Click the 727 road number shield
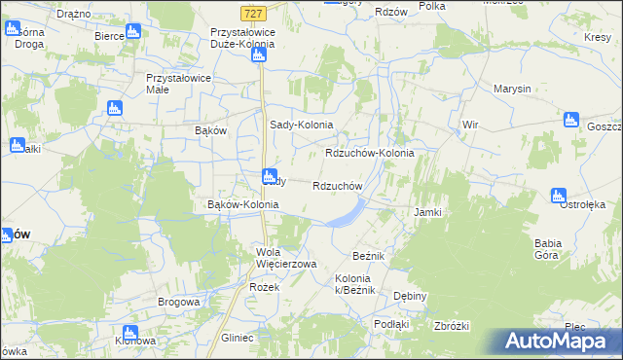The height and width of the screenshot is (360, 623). tap(253, 13)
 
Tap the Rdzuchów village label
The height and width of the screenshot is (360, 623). tap(337, 186)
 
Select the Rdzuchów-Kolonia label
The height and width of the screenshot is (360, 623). tap(369, 154)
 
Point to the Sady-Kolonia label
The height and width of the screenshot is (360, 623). tap(301, 125)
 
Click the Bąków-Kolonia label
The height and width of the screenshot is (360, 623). tap(243, 205)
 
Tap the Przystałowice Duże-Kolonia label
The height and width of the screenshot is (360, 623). tap(242, 38)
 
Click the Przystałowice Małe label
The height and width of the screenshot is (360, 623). tap(171, 83)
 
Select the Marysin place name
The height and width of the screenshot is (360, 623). tap(512, 89)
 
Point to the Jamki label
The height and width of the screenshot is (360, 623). tap(428, 212)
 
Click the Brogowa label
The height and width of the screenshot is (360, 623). tap(179, 303)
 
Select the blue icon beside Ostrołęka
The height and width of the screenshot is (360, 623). tap(558, 197)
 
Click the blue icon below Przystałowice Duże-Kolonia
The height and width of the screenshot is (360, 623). tap(258, 54)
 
